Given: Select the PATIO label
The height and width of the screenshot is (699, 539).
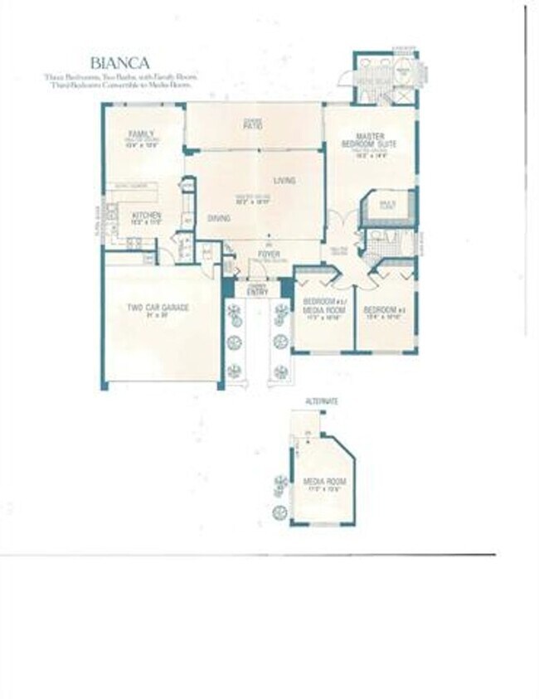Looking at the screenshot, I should click(253, 126).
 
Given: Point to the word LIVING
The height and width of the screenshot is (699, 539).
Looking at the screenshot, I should click(284, 180).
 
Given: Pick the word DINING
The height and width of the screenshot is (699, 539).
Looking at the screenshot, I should click(219, 218).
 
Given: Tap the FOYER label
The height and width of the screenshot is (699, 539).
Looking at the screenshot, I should click(268, 254).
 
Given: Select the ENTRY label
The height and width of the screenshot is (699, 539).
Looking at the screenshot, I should click(257, 291).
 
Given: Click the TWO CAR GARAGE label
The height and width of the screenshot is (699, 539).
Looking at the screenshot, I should click(158, 307).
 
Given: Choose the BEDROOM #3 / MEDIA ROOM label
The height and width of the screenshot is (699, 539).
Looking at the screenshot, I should click(323, 305).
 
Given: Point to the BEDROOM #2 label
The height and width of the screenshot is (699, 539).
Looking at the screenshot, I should click(382, 310).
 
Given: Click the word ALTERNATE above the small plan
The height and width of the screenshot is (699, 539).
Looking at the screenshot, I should click(322, 401).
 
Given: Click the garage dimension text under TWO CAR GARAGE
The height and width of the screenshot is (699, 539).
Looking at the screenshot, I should click(158, 315).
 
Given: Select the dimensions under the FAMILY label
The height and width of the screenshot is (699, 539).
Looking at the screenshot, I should click(141, 145).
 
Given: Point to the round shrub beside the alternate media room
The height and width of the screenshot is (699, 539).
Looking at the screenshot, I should click(280, 482).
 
